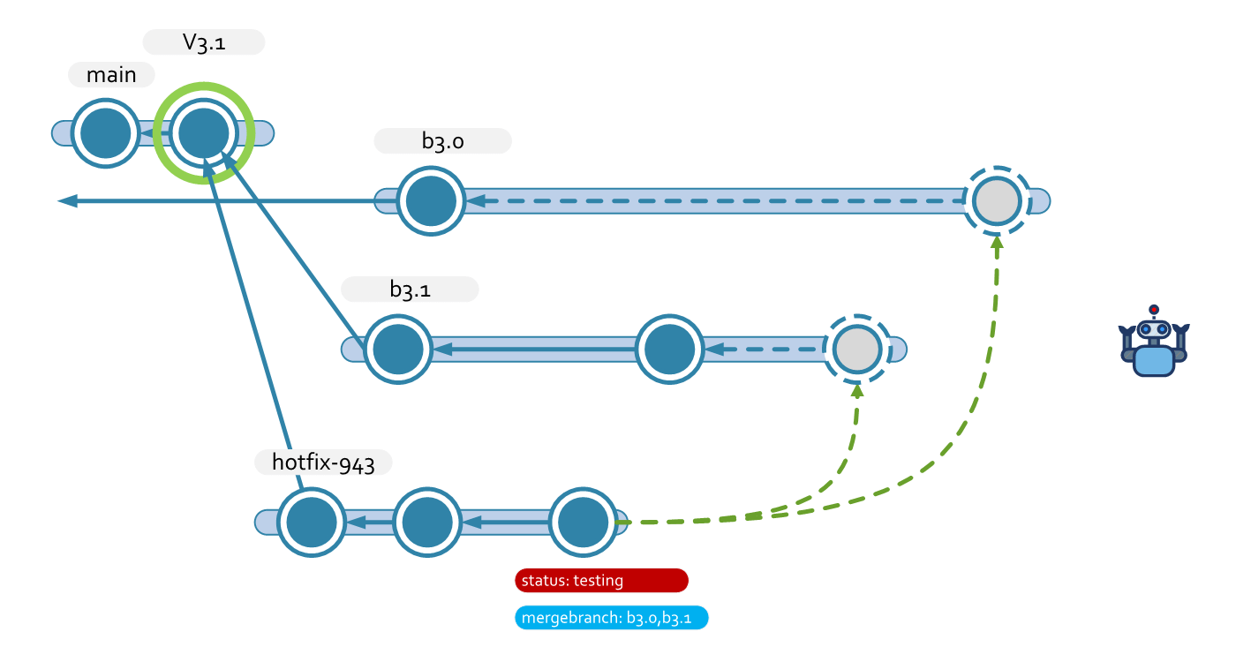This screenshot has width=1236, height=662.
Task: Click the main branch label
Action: [x=111, y=75]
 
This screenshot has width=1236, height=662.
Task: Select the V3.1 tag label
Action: [x=204, y=42]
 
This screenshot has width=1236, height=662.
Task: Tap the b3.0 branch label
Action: [x=442, y=141]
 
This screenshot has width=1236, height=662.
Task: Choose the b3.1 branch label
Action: [x=410, y=290]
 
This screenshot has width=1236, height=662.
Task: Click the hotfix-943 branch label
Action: [x=323, y=463]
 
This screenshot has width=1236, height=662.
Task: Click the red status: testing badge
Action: [x=600, y=580]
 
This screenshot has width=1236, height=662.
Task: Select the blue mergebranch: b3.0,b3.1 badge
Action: [x=611, y=618]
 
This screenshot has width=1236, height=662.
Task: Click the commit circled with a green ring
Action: [x=204, y=133]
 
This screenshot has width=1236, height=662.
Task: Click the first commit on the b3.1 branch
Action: [x=398, y=350]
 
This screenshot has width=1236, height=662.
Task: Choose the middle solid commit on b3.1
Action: [x=669, y=350]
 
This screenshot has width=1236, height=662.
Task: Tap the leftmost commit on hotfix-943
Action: [x=311, y=523]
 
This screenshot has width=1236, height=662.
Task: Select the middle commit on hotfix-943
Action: [x=427, y=523]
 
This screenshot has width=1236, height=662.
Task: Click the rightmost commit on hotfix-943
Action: [x=583, y=523]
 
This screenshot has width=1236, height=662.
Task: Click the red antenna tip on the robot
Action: [x=1154, y=310]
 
